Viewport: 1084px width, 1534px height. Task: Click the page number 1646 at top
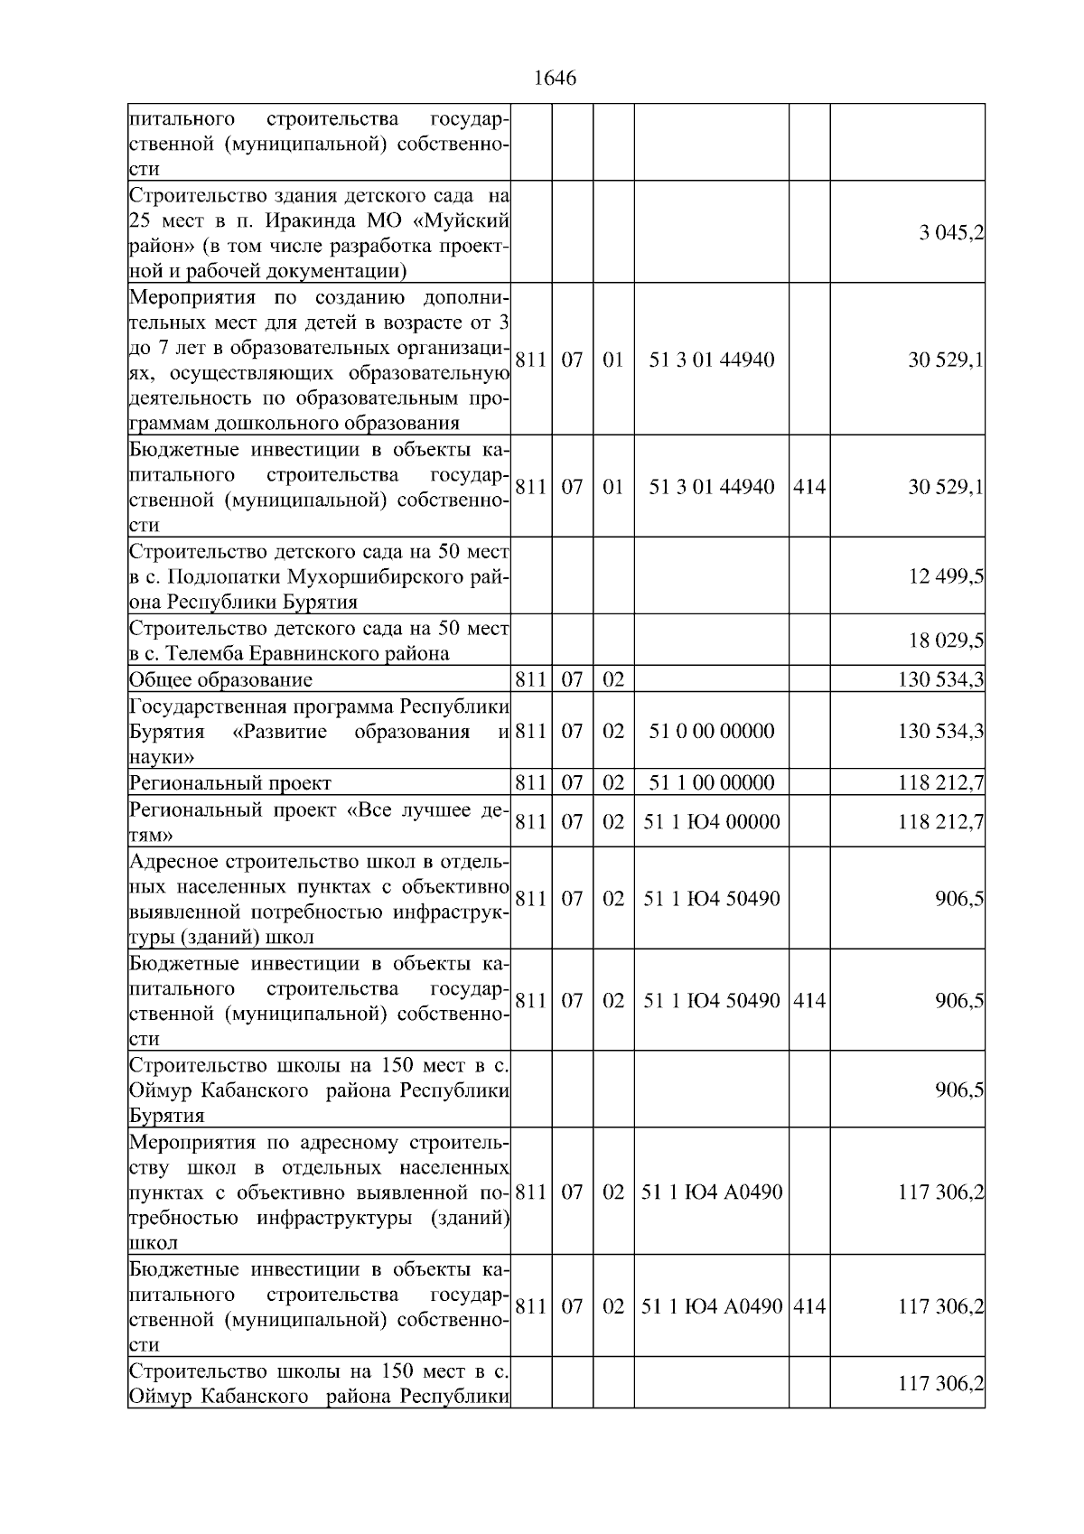tap(555, 79)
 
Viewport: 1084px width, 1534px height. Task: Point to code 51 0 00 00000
tap(711, 731)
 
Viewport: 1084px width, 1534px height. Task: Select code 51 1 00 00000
tap(711, 782)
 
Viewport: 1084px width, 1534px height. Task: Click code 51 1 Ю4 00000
tap(711, 821)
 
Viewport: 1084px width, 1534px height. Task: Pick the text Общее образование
tap(221, 680)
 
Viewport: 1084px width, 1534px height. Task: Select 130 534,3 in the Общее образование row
tap(940, 680)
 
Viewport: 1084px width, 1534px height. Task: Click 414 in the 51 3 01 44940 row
tap(808, 487)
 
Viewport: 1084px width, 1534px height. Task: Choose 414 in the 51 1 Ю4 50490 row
tap(808, 1000)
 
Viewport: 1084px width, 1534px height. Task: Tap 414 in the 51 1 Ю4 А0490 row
tap(808, 1306)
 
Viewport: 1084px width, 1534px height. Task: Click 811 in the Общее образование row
tap(530, 680)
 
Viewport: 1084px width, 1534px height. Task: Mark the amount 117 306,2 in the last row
tap(940, 1383)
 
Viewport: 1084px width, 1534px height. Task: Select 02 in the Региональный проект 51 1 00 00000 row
tap(613, 782)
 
